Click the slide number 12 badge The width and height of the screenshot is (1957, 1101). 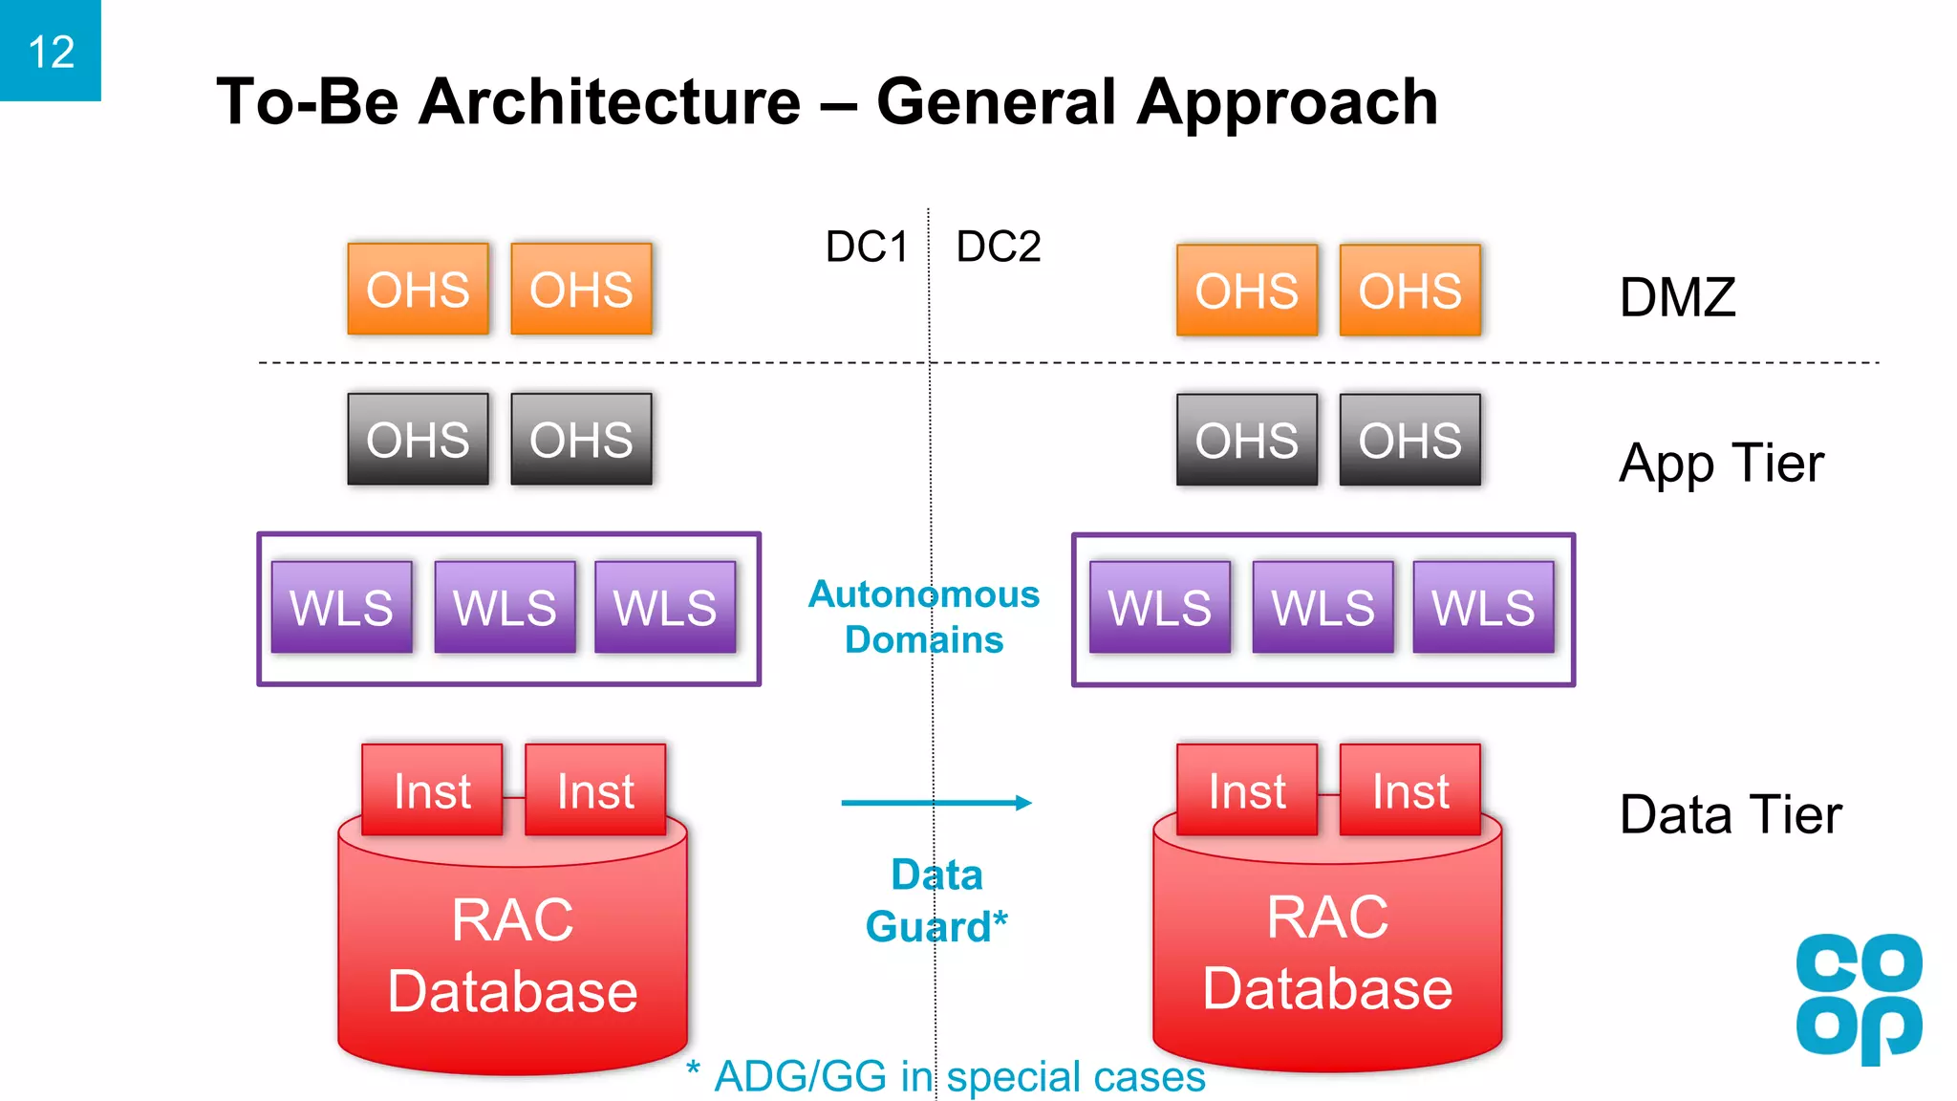[51, 51]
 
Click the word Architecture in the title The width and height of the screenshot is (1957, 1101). [610, 102]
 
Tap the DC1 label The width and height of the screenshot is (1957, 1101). [866, 248]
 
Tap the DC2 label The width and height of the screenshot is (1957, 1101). [998, 248]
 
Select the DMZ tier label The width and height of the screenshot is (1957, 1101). [1677, 297]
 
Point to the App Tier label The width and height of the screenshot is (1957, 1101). [1721, 464]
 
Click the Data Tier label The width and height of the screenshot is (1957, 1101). [1730, 815]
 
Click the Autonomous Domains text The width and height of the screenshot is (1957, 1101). [924, 616]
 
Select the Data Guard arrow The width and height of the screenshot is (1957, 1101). [935, 803]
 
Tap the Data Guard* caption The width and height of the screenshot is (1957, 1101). [936, 901]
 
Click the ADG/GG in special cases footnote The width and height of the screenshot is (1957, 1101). [946, 1077]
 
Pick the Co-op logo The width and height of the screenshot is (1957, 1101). [1859, 999]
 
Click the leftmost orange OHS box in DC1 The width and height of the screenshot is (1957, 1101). [418, 289]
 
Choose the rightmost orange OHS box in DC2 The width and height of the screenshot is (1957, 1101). [1409, 291]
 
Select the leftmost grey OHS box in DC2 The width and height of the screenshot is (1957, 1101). [1246, 441]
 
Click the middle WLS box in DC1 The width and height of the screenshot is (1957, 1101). [505, 608]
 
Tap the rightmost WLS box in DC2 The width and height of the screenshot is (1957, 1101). [1483, 608]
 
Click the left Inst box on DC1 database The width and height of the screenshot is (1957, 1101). [432, 790]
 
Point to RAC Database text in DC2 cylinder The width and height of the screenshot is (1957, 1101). [1327, 953]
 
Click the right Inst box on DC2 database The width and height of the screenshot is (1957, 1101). [1409, 790]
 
